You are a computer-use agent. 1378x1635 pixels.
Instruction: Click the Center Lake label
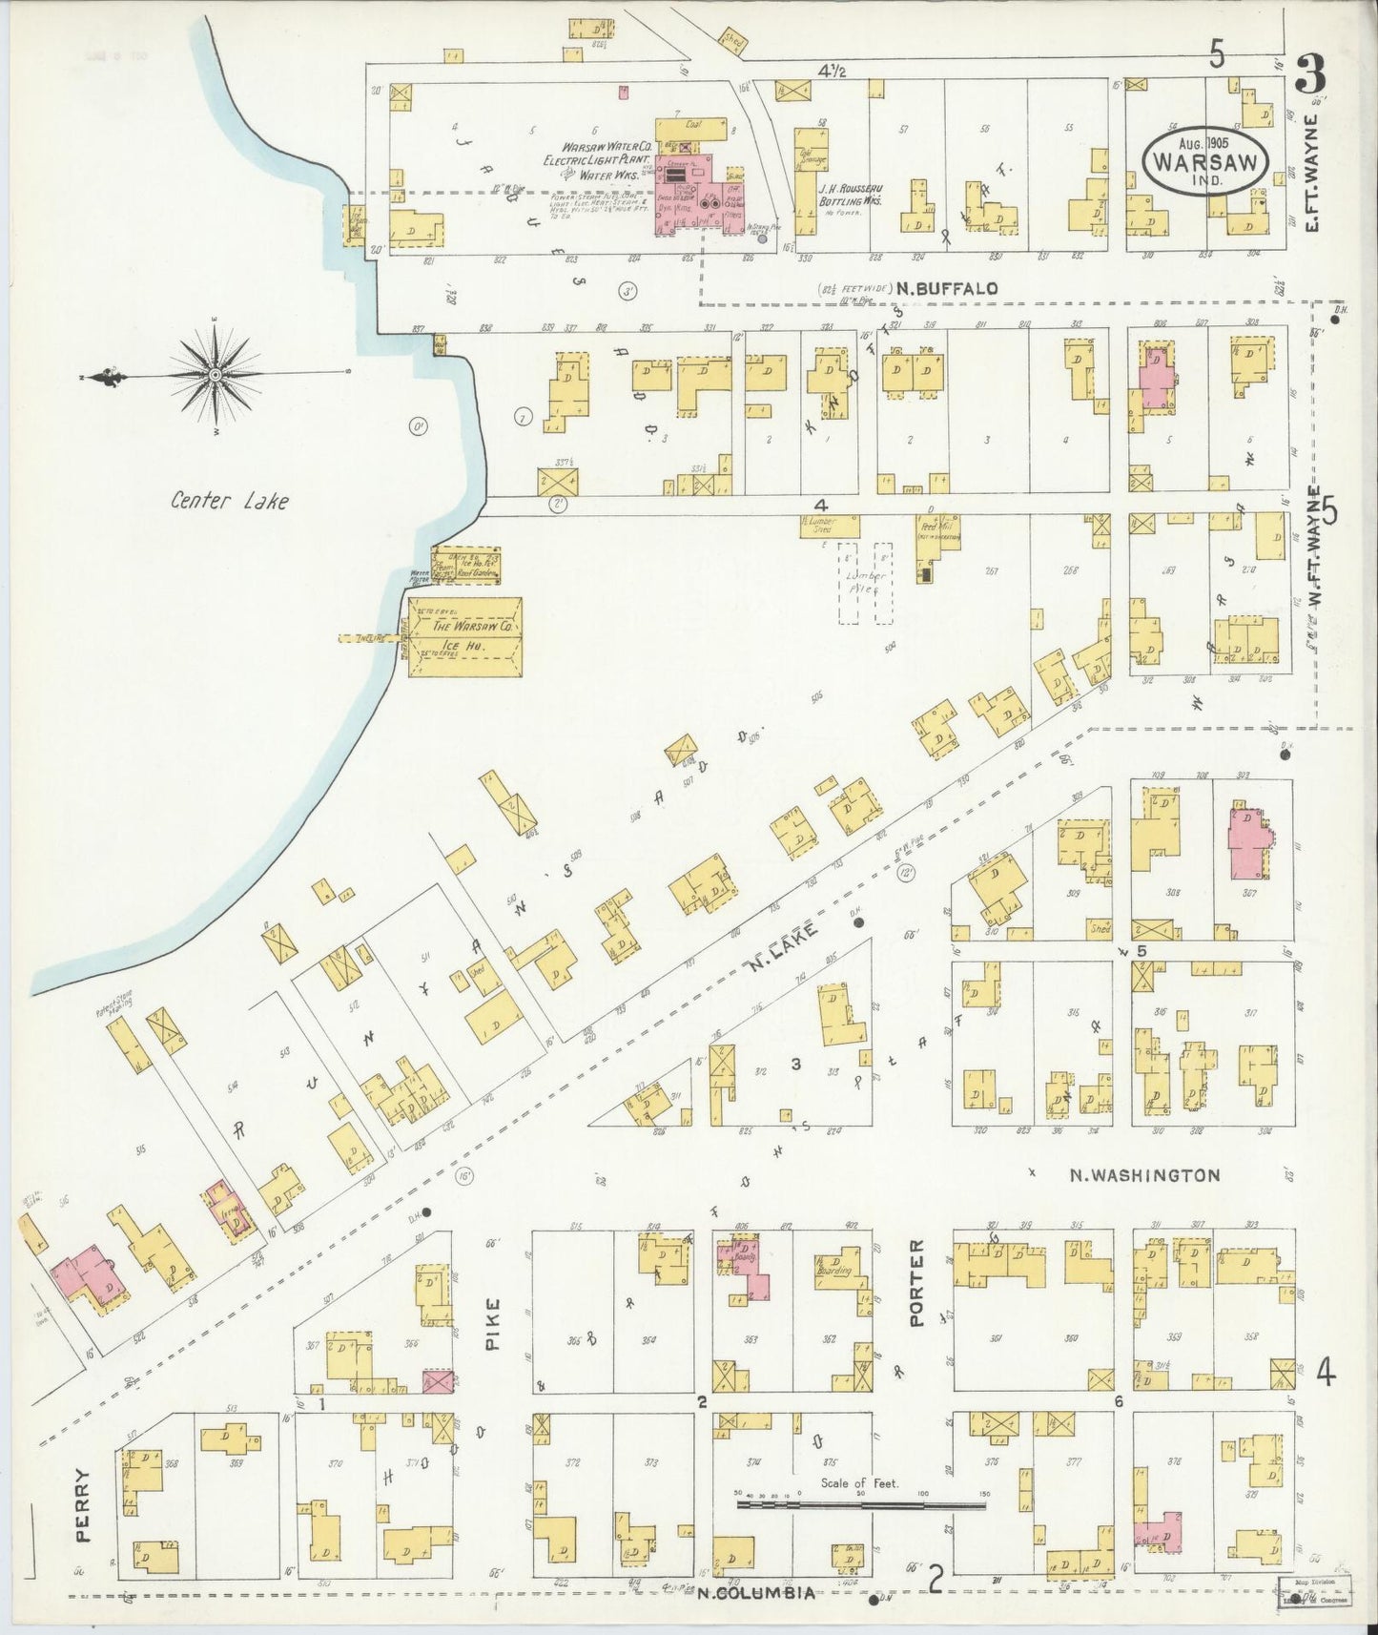click(x=229, y=500)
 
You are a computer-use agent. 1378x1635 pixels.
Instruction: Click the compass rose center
click(x=216, y=375)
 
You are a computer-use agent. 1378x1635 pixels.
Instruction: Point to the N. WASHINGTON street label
click(x=1143, y=1175)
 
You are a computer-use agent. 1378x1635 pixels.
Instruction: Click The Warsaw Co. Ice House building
click(x=465, y=637)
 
